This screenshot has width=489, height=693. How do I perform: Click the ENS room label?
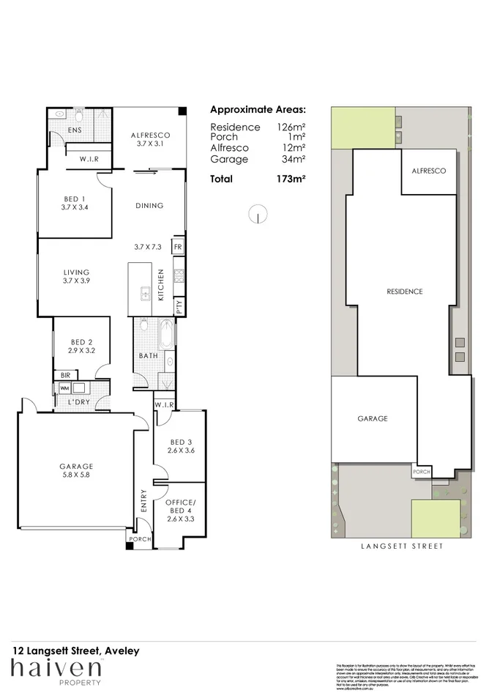coord(75,130)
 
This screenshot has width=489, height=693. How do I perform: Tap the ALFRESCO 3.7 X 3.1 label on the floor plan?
coord(151,139)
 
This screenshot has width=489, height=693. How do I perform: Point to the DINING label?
coord(149,206)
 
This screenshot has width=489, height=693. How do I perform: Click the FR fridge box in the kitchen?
coord(178,247)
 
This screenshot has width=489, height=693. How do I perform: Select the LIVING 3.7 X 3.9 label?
coord(75,276)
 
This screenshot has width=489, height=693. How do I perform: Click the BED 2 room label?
coord(81,346)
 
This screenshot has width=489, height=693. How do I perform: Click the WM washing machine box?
coord(64,388)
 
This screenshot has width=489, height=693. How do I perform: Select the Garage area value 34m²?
coord(296,159)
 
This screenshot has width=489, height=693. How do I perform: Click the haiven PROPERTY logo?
coord(56,670)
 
